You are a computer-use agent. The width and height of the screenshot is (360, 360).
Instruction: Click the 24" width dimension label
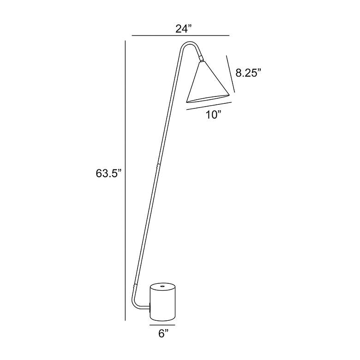(183, 29)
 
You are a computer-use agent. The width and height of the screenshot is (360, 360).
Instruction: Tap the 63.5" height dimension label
(108, 174)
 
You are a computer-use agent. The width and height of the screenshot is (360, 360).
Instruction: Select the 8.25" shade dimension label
(248, 73)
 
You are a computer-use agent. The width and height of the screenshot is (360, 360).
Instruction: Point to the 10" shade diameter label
(213, 114)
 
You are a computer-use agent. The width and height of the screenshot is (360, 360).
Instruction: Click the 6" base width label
(163, 334)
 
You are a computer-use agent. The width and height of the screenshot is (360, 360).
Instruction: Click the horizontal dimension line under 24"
(180, 36)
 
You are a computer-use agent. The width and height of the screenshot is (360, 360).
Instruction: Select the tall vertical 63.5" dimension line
(125, 180)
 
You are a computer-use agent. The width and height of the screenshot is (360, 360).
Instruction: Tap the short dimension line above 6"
(162, 325)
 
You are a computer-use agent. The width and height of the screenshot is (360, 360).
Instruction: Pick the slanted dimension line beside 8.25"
(230, 74)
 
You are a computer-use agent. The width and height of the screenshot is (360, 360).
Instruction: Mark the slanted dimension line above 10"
(209, 106)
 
